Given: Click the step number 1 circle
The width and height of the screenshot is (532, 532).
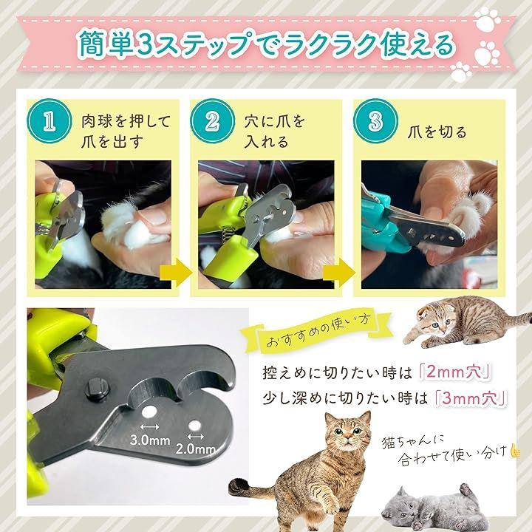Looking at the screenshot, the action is click(x=50, y=121).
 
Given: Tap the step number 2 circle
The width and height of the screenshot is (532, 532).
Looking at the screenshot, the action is click(x=212, y=121).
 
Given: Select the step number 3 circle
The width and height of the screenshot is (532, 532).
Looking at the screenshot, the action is click(x=375, y=121).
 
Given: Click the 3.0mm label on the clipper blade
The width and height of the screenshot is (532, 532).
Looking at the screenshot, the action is click(x=149, y=440).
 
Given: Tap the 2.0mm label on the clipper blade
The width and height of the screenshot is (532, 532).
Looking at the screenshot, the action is click(x=196, y=449).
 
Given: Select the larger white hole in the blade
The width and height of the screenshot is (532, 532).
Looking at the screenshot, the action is click(x=149, y=412).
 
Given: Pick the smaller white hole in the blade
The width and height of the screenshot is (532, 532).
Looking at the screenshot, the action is click(x=195, y=426).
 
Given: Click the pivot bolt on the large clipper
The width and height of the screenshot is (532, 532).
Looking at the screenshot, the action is click(x=98, y=388).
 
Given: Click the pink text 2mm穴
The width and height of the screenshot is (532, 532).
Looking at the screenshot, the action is click(x=454, y=372).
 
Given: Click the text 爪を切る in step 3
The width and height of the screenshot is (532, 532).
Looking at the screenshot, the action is click(x=437, y=132).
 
